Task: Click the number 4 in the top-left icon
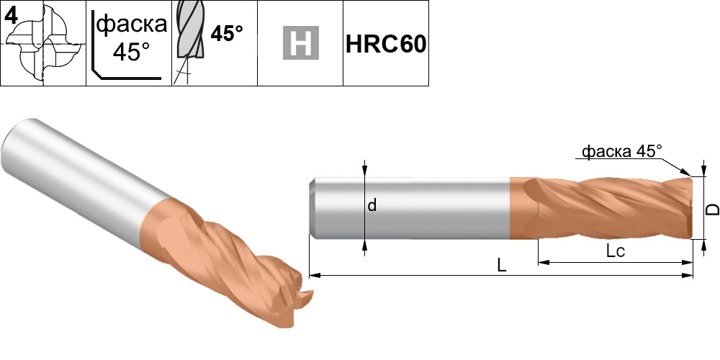[x=11, y=16]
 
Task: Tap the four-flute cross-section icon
[x=44, y=45]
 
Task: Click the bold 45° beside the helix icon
[x=227, y=33]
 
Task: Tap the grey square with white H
[x=300, y=43]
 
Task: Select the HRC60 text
[x=386, y=44]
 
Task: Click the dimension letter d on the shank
[x=372, y=206]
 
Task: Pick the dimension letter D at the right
[x=712, y=210]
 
